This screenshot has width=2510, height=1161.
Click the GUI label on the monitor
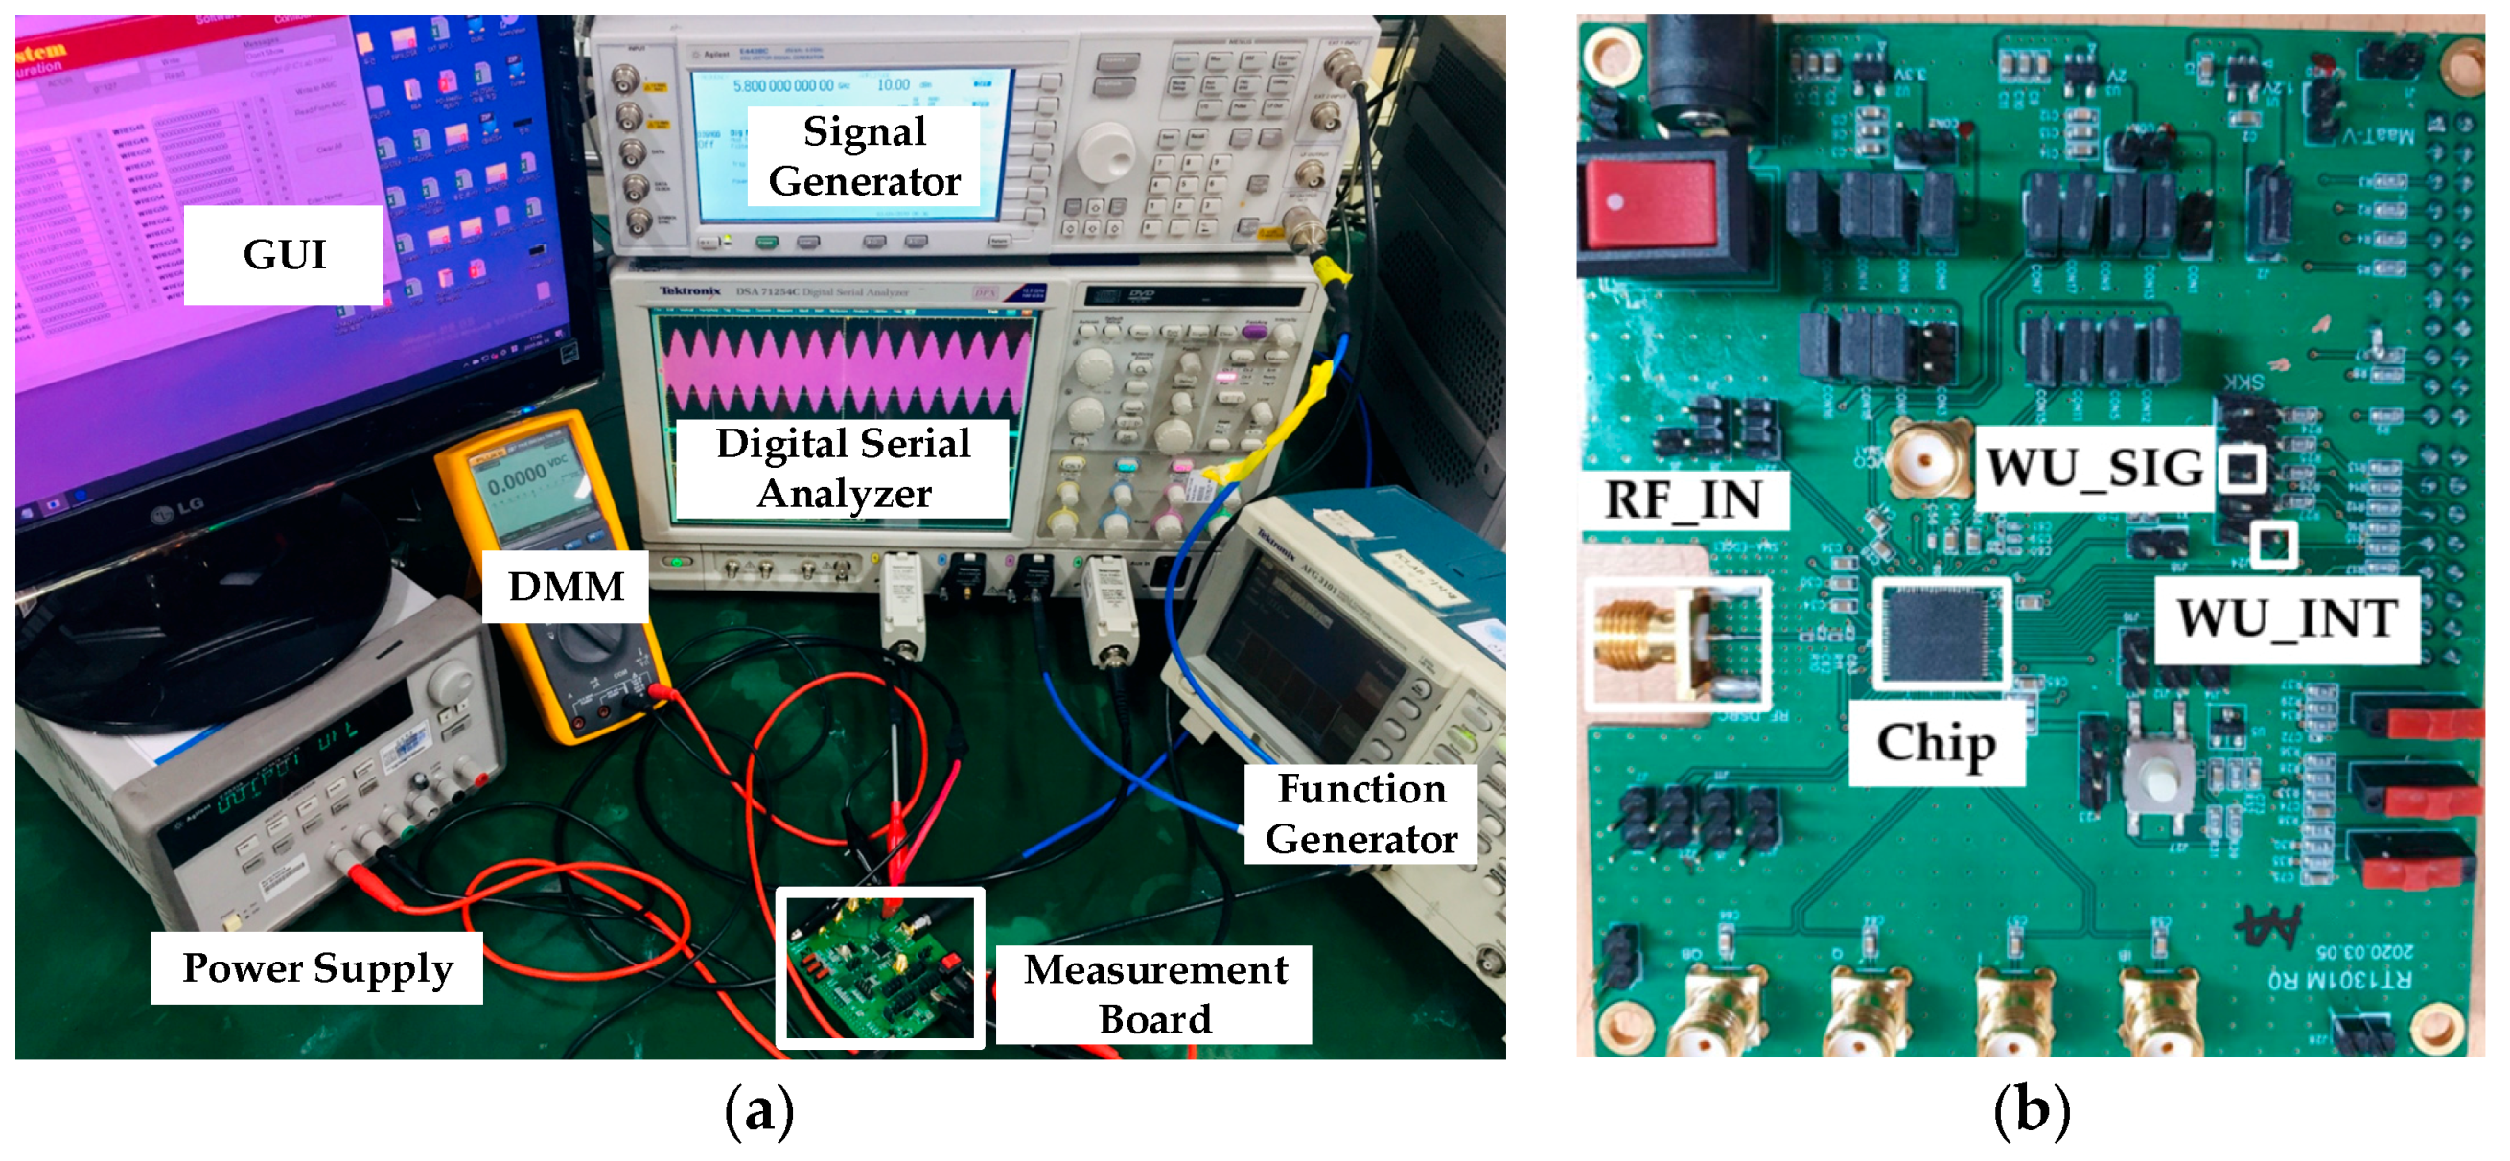284,255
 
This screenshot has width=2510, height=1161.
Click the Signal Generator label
864,156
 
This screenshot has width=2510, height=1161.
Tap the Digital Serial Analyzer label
843,469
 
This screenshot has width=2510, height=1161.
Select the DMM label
566,587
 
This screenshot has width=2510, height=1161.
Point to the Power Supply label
316,967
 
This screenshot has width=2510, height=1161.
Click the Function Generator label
1360,813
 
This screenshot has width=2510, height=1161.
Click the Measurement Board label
1154,994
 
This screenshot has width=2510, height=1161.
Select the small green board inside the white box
880,968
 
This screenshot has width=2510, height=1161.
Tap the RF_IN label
1683,499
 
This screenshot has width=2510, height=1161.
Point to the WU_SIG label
2095,468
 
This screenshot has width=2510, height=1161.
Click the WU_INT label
2287,618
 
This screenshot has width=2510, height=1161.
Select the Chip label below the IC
1936,743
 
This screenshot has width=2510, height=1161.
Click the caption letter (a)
759,1111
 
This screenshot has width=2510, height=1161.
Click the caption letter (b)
2031,1111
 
